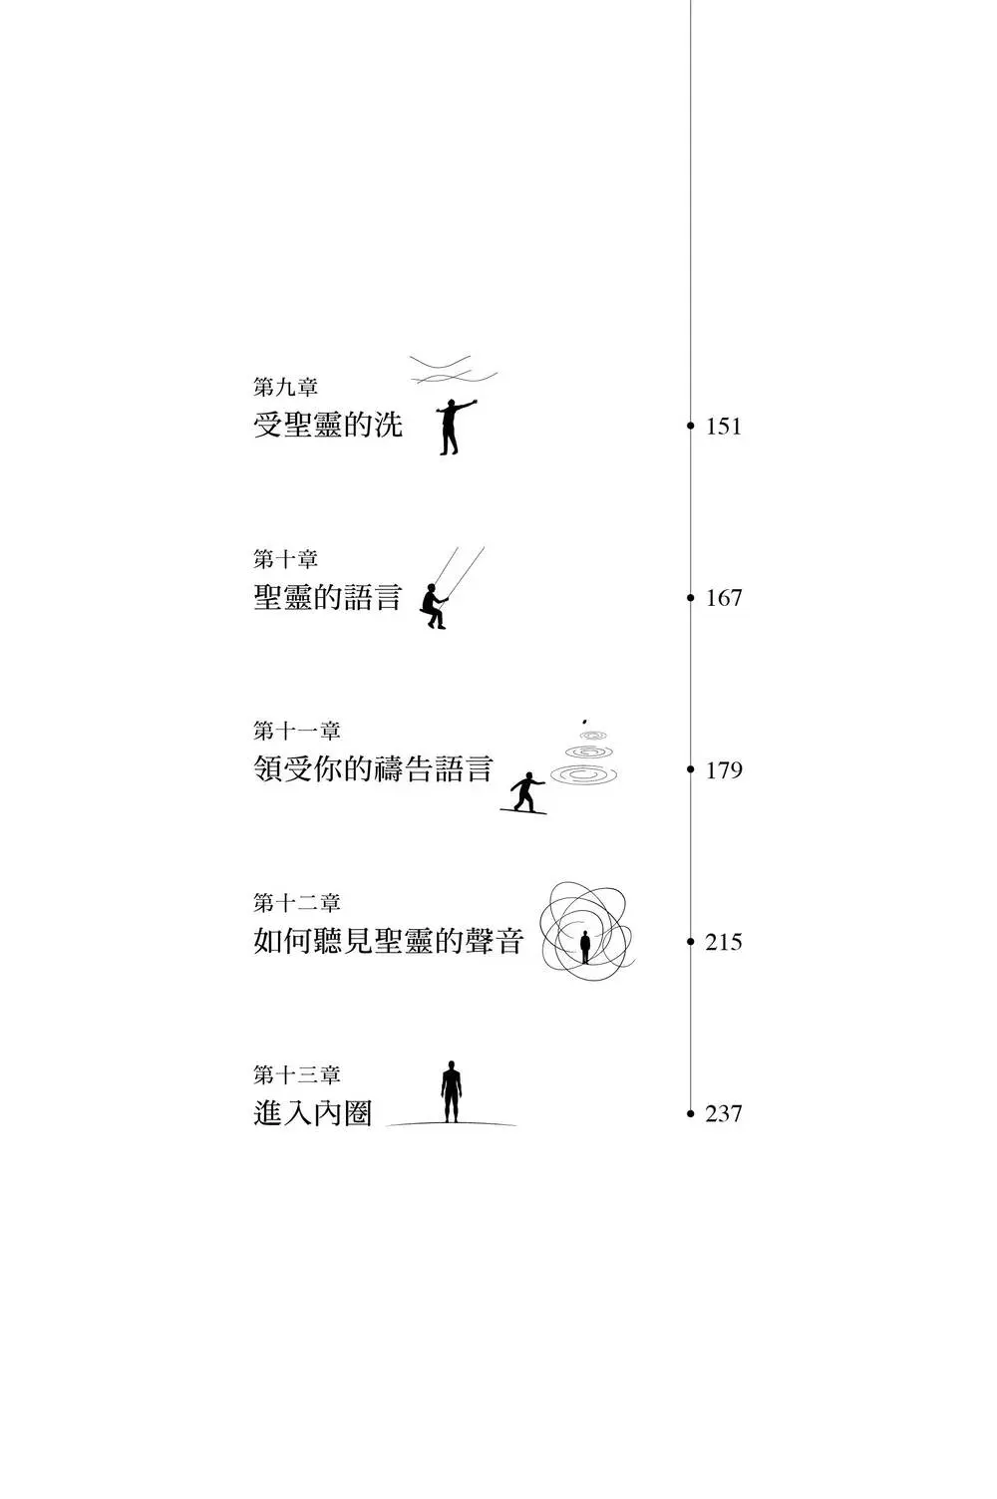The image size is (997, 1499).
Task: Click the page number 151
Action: point(724,427)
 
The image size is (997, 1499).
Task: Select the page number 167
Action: point(724,598)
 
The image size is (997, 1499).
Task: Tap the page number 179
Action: point(724,770)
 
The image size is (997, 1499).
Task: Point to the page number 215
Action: point(724,942)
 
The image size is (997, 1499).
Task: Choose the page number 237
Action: point(724,1113)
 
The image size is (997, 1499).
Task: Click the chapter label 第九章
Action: point(285,388)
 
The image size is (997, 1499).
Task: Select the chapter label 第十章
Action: point(285,559)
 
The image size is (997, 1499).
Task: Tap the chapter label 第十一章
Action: point(296,732)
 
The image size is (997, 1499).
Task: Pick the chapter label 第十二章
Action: point(296,903)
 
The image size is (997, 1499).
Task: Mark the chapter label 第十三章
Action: point(296,1075)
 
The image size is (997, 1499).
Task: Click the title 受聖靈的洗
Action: point(328,426)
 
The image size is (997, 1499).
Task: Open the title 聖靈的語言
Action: point(328,598)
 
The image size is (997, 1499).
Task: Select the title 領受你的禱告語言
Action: point(373,769)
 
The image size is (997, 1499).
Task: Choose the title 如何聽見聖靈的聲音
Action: point(388,941)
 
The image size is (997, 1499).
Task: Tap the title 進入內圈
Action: point(313,1113)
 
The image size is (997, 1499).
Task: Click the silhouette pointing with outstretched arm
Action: point(453,428)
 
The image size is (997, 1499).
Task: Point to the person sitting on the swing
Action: point(434,605)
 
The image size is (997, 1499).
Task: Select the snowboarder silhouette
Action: point(524,793)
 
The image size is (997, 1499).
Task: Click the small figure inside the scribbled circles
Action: point(585,946)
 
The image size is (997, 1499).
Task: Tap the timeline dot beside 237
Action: point(690,1113)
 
